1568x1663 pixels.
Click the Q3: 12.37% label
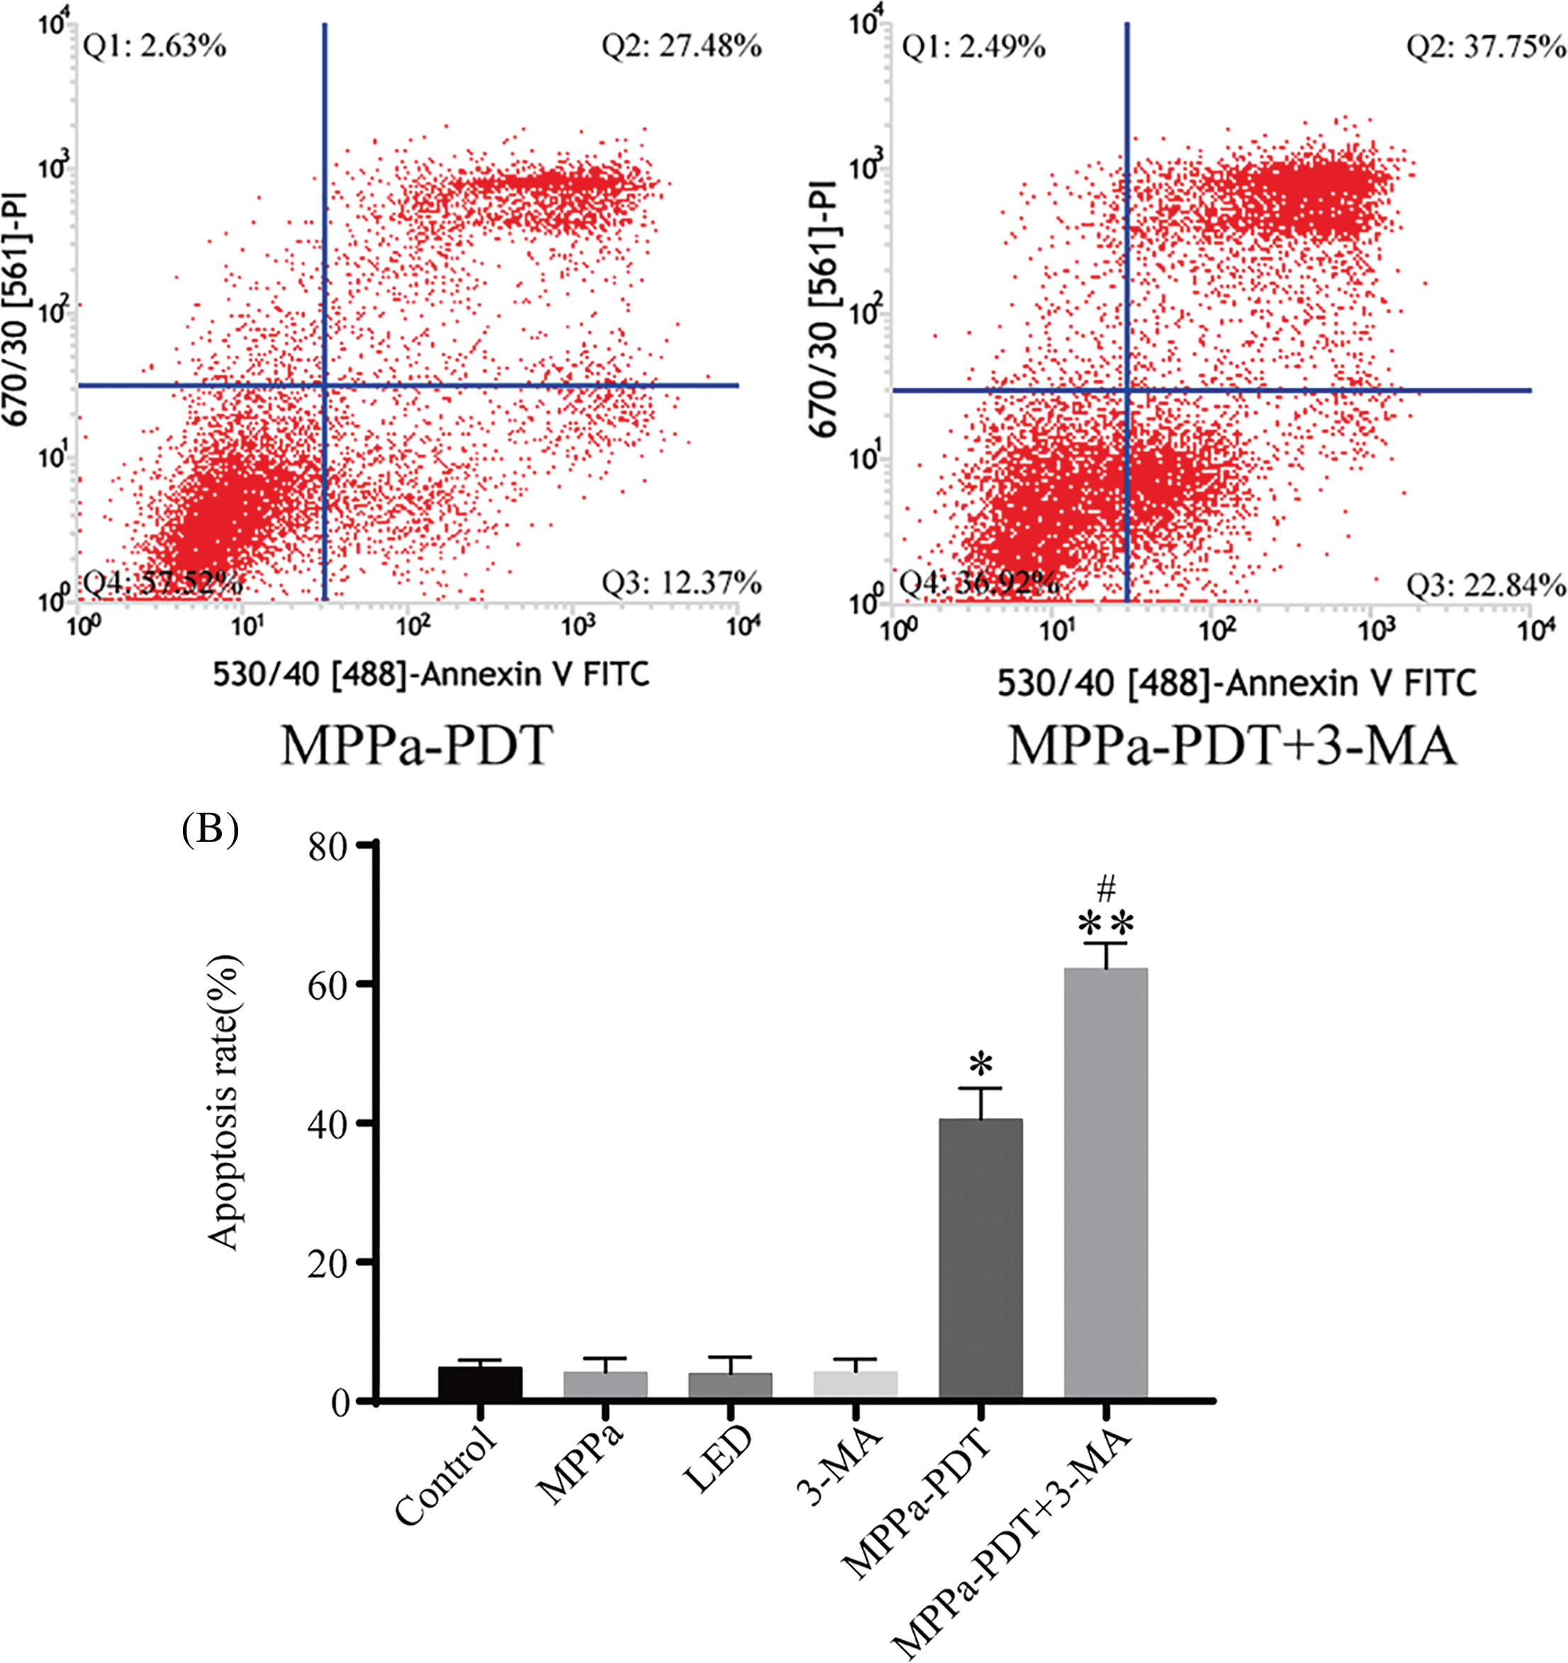pos(681,582)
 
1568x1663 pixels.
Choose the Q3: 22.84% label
pos(1485,585)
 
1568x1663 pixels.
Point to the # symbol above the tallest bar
pos(1106,889)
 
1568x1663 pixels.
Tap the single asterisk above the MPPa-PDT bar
pos(980,1065)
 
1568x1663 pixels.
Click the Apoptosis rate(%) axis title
pos(223,1104)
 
